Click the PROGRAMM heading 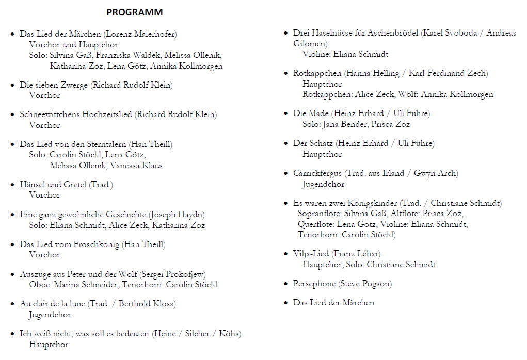coord(134,12)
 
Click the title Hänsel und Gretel coord(54,184)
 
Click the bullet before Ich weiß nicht coord(13,334)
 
